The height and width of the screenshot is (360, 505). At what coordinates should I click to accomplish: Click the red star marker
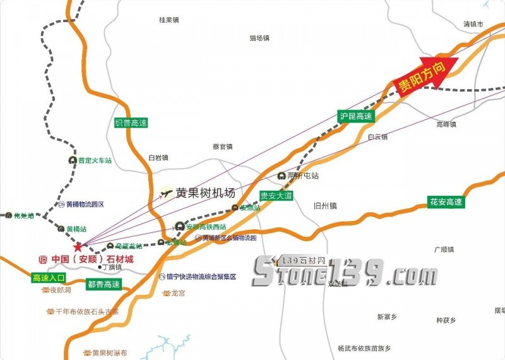pyautogui.click(x=78, y=246)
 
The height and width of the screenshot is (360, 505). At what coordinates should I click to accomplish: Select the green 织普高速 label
pyautogui.click(x=131, y=123)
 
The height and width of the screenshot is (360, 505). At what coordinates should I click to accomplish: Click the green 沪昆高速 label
pyautogui.click(x=356, y=116)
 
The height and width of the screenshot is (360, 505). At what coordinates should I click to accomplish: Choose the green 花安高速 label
pyautogui.click(x=446, y=202)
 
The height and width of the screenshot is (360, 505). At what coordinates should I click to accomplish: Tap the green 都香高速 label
pyautogui.click(x=104, y=285)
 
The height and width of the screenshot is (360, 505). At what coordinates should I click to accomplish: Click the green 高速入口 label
pyautogui.click(x=49, y=277)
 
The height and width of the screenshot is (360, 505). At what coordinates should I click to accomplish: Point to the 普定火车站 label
pyautogui.click(x=95, y=160)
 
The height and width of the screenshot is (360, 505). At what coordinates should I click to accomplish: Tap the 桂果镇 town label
pyautogui.click(x=170, y=20)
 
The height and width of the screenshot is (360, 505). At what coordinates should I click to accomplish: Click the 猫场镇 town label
pyautogui.click(x=259, y=38)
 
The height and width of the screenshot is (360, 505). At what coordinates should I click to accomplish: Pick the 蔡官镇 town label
pyautogui.click(x=223, y=146)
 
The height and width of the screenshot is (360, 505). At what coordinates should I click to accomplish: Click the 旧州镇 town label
pyautogui.click(x=326, y=205)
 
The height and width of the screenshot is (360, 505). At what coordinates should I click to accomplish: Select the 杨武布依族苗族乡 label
pyautogui.click(x=364, y=348)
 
